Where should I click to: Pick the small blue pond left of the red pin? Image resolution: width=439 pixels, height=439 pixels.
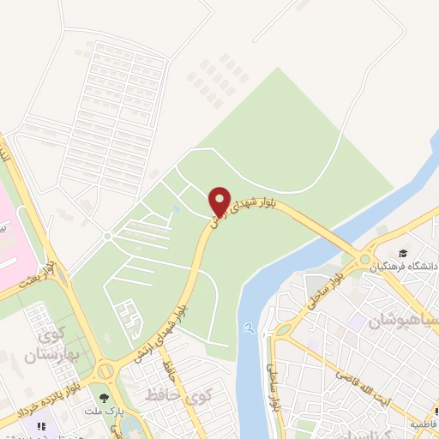pos(176,208)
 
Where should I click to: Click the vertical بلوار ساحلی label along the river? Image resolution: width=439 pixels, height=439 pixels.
pos(273,386)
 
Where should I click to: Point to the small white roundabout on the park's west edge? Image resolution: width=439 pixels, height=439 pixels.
pos(107,235)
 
